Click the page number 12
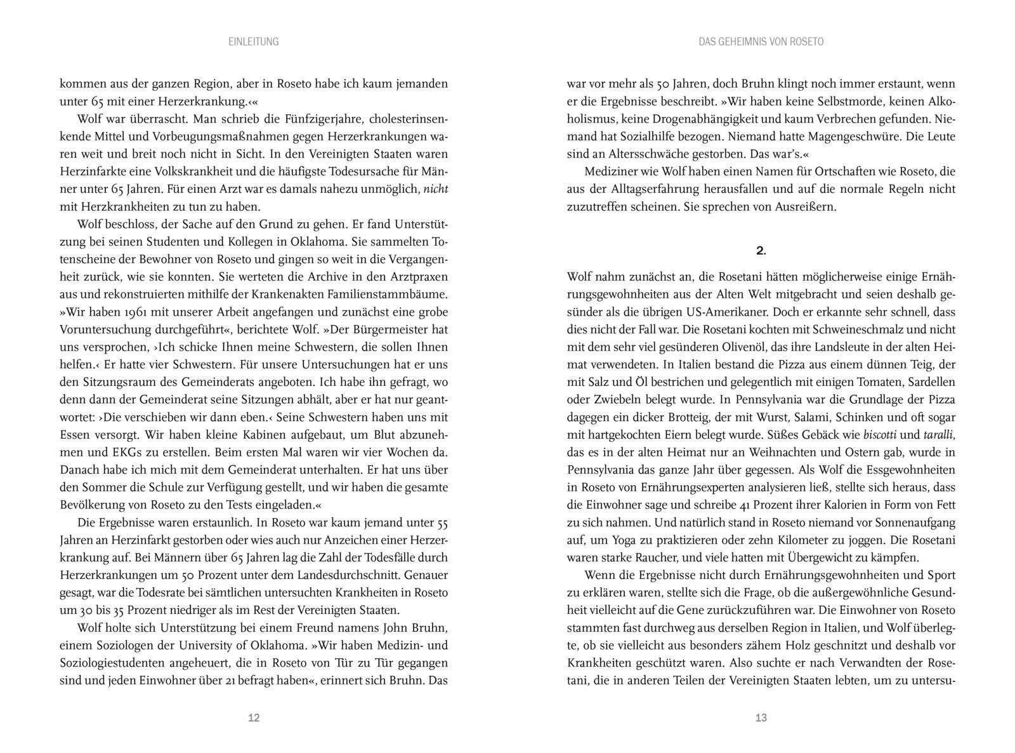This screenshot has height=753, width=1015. pyautogui.click(x=254, y=718)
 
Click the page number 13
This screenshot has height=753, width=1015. pyautogui.click(x=761, y=718)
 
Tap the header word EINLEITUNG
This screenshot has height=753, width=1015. pyautogui.click(x=254, y=42)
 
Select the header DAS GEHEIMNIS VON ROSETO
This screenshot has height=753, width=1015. pyautogui.click(x=761, y=42)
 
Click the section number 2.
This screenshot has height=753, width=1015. pyautogui.click(x=761, y=251)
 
